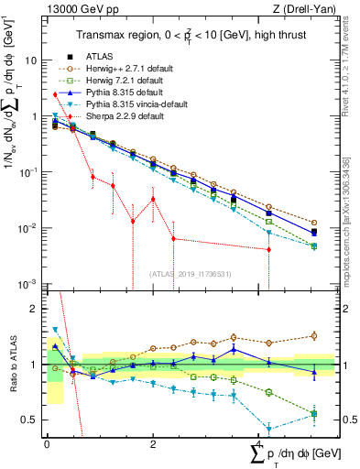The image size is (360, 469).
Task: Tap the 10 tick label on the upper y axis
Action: pos(30,60)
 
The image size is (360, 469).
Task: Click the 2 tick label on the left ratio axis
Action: pos(34,309)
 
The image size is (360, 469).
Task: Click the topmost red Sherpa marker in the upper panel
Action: pos(56,94)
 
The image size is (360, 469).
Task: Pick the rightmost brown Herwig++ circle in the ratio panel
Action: pos(314,336)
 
